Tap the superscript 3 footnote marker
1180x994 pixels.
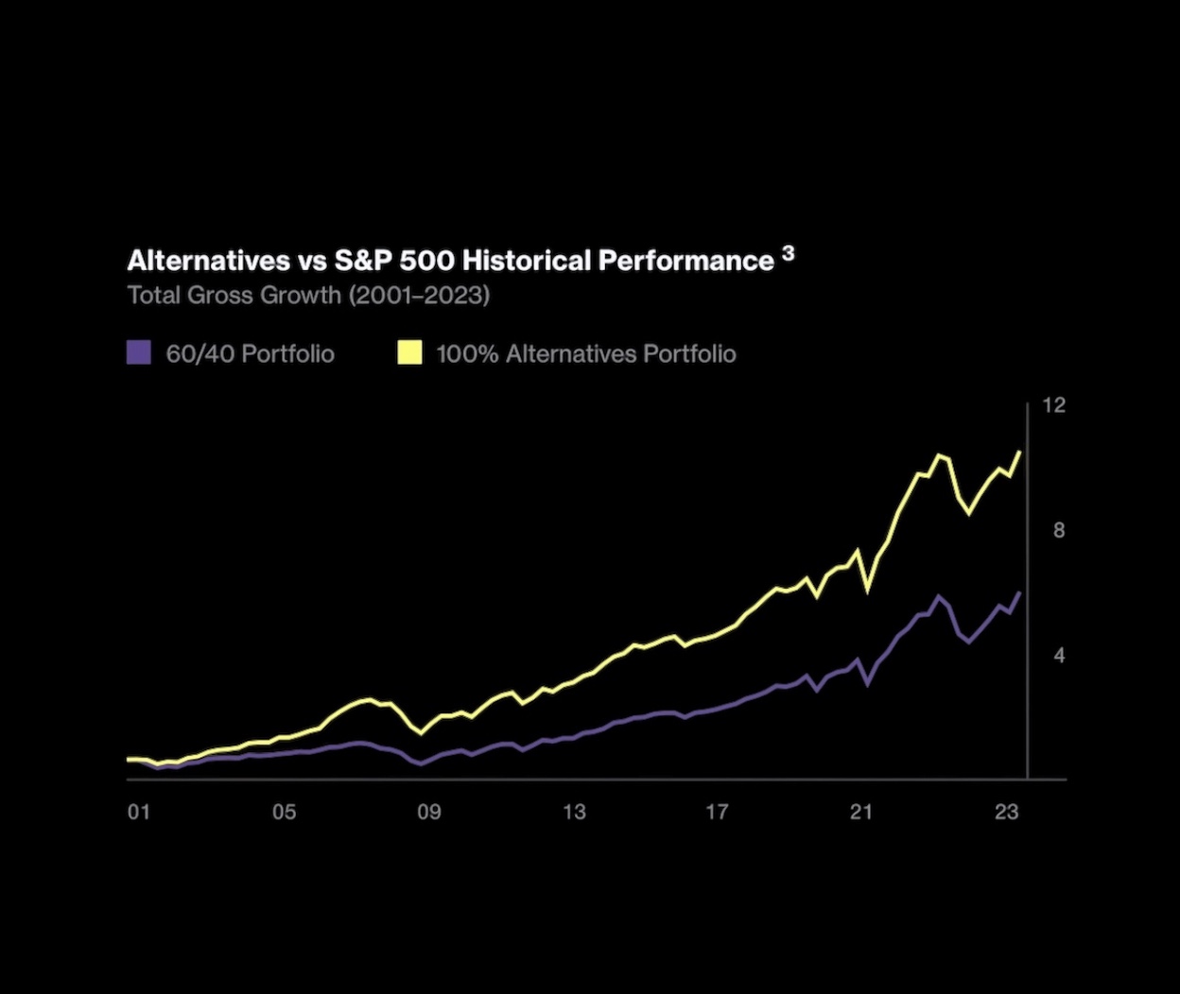pyautogui.click(x=789, y=253)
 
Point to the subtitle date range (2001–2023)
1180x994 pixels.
pyautogui.click(x=419, y=295)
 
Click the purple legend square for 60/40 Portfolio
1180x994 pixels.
pyautogui.click(x=139, y=353)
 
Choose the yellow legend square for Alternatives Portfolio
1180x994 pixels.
pyautogui.click(x=409, y=353)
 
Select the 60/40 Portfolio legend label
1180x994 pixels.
pyautogui.click(x=250, y=354)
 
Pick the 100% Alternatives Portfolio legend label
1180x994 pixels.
pyautogui.click(x=585, y=354)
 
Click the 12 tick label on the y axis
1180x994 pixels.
pyautogui.click(x=1053, y=405)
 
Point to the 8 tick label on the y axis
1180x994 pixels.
pyautogui.click(x=1059, y=530)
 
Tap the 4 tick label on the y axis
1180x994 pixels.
pyautogui.click(x=1059, y=655)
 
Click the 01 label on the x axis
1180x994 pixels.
pyautogui.click(x=139, y=812)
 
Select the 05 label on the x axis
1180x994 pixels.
pyautogui.click(x=284, y=812)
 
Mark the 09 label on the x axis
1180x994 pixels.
pyautogui.click(x=428, y=812)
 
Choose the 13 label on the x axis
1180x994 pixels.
pyautogui.click(x=573, y=812)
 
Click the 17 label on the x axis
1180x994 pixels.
pyautogui.click(x=717, y=812)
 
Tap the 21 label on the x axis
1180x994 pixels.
pyautogui.click(x=860, y=812)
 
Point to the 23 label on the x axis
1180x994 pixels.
pyautogui.click(x=1006, y=812)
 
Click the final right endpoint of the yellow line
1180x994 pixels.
pyautogui.click(x=1019, y=452)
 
